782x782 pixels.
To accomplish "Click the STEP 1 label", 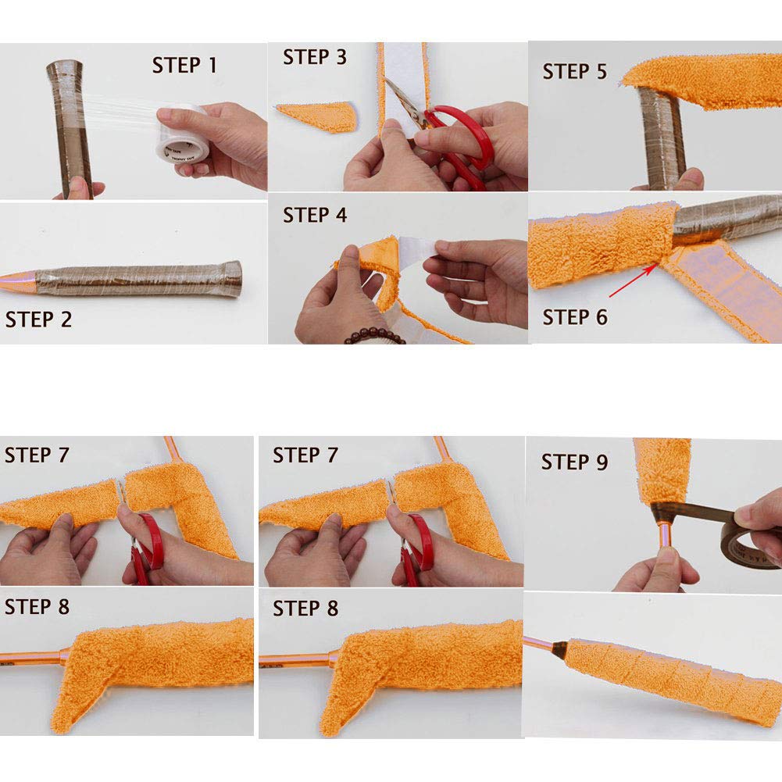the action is tap(184, 66).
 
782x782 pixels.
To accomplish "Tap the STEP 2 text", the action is tap(38, 320).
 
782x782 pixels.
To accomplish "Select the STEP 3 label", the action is tap(315, 57).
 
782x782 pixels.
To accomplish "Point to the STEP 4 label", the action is tap(315, 215).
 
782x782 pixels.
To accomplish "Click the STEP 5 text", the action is tap(574, 71).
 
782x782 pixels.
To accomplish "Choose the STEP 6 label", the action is tap(575, 317).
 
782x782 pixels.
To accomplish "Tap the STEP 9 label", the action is tap(574, 462).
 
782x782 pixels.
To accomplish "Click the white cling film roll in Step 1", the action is tap(182, 133).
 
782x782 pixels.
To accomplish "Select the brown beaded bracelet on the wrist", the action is tap(375, 336).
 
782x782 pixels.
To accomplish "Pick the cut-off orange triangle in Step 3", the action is tap(320, 116).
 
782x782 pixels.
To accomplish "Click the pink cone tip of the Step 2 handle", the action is tap(18, 282).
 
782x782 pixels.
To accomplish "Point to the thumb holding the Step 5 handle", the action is tap(691, 179).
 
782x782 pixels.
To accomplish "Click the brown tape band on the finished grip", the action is tap(559, 650).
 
